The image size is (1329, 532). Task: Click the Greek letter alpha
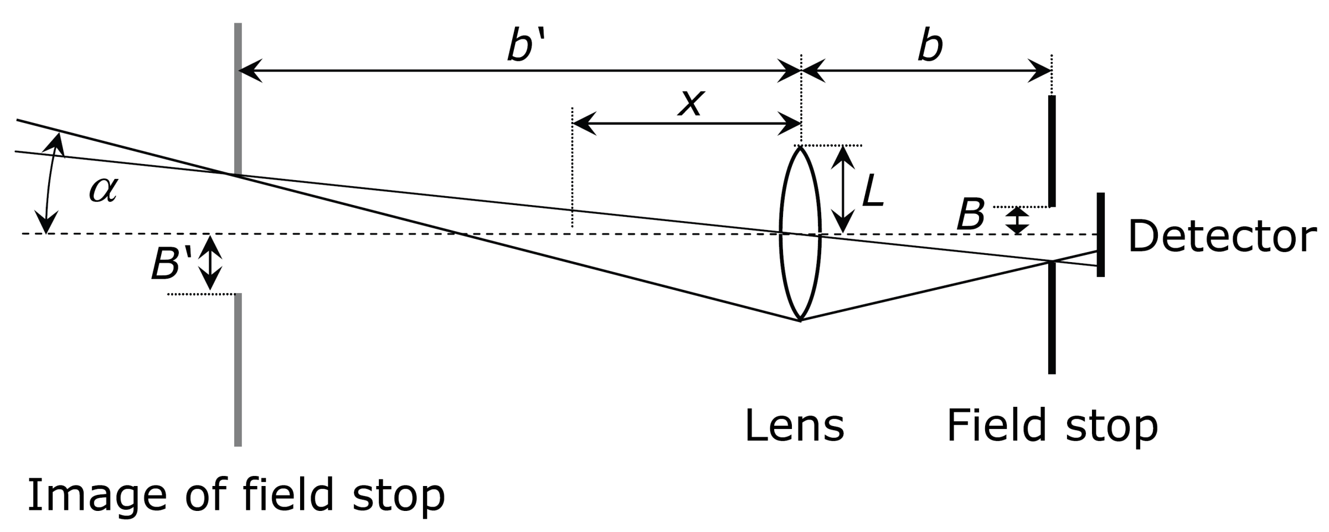[x=104, y=190]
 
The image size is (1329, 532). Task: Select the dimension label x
[x=691, y=103]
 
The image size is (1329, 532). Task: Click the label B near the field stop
[x=971, y=215]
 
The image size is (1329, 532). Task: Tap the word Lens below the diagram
[x=794, y=426]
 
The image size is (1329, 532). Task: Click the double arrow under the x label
[x=687, y=123]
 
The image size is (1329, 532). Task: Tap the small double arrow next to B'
[x=210, y=263]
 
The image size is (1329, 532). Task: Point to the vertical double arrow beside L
[x=843, y=189]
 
